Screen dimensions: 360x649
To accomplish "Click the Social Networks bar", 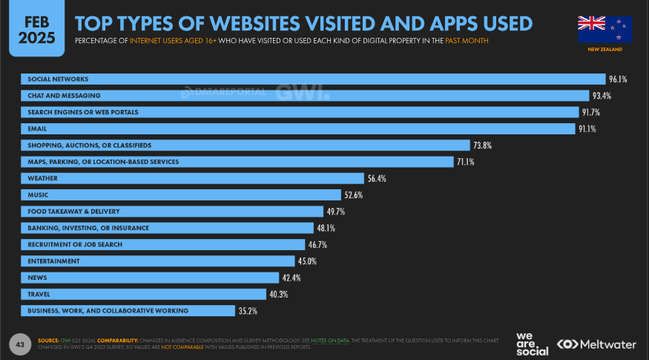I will coord(312,79).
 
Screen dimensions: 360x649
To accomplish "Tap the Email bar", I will coord(297,128).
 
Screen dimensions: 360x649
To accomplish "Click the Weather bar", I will coord(193,178).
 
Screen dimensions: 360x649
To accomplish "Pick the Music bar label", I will coord(38,195).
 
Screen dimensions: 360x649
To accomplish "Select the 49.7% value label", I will coord(335,212).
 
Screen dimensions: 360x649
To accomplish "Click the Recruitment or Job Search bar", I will coord(163,244).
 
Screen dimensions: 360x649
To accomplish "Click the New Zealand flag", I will coord(604,29).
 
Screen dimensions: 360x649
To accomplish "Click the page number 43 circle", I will coord(19,344).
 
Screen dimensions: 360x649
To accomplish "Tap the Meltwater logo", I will coord(597,344).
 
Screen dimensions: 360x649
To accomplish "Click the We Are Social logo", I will coord(532,344).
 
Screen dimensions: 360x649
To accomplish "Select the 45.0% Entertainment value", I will coord(307,261).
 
